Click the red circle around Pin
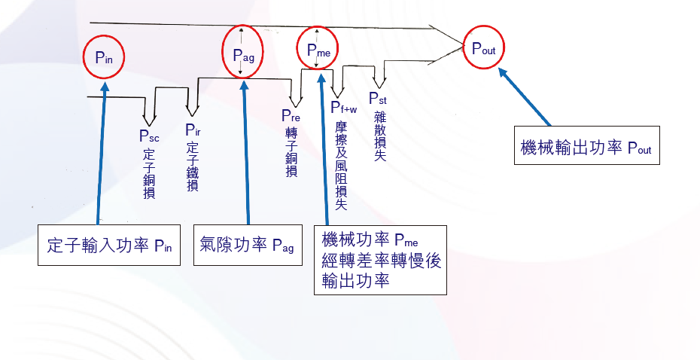[x=105, y=57]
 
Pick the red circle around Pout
[x=483, y=47]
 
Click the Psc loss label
[x=148, y=136]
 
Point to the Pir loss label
[x=193, y=130]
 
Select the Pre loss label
[x=291, y=115]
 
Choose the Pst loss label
[x=379, y=98]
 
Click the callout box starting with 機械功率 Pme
[x=381, y=260]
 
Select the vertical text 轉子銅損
[x=291, y=151]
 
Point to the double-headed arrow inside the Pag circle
[x=240, y=51]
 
